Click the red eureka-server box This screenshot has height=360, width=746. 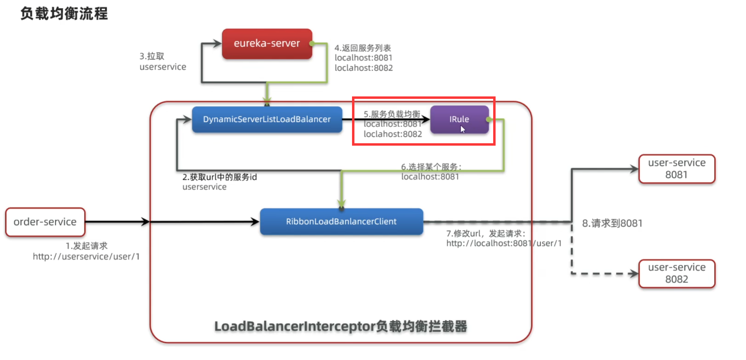pos(267,44)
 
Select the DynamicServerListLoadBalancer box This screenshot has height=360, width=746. pos(267,119)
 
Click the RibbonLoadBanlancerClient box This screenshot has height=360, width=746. pos(341,222)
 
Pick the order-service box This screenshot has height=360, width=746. pos(45,222)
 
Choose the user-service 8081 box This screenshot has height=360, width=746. pos(677,169)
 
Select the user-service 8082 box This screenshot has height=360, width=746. pos(677,274)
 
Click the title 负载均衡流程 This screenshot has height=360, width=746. pos(64,14)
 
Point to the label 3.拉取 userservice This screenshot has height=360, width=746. pos(162,61)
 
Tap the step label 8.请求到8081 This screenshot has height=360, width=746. pos(612,223)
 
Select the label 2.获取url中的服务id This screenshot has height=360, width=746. pos(220,177)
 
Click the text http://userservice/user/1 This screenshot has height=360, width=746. pos(86,257)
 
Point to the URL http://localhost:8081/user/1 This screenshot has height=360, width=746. pos(504,243)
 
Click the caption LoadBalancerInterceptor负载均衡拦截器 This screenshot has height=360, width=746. pos(341,326)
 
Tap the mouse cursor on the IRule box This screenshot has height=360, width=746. pos(462,129)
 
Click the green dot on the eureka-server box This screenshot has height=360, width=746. pos(312,44)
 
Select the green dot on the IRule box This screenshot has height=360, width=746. pos(489,120)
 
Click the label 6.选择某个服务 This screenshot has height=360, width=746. pos(431,167)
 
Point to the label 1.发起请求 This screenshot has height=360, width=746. pos(87,246)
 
